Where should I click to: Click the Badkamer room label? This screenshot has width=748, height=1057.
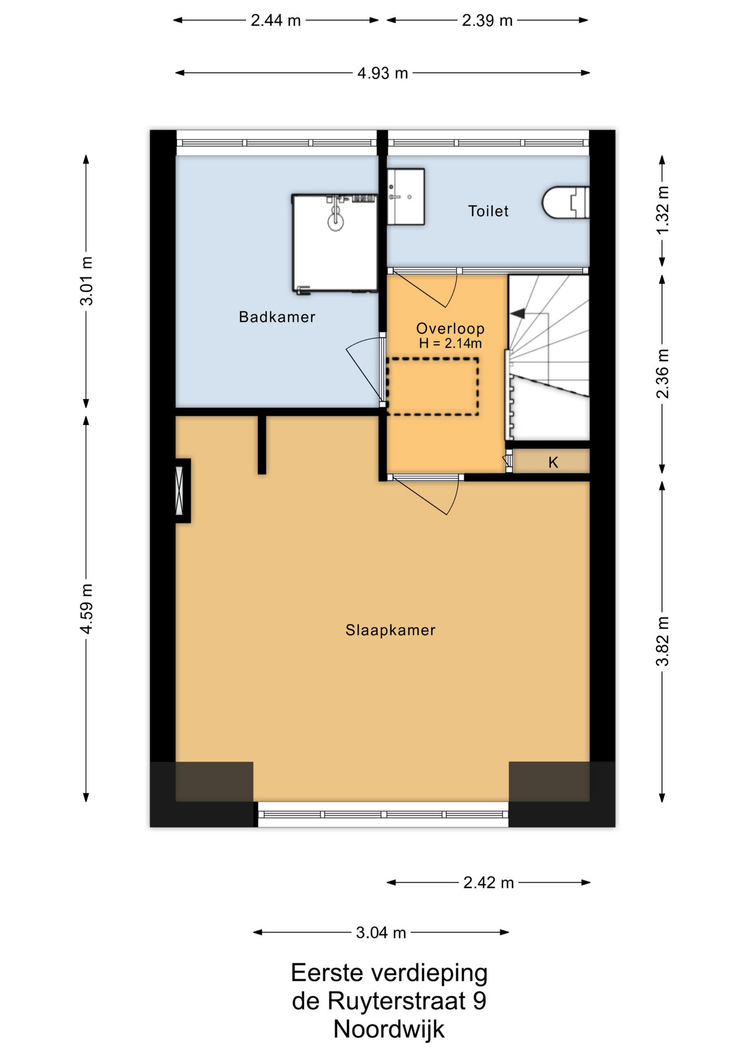(277, 317)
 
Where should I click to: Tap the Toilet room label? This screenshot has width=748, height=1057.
(488, 211)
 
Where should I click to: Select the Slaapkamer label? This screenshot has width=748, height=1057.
(390, 630)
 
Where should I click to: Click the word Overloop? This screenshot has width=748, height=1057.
(450, 328)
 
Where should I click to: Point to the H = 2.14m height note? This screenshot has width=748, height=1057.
(450, 344)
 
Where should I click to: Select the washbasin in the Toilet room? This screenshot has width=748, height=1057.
(406, 197)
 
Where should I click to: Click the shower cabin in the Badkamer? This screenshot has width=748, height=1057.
(334, 243)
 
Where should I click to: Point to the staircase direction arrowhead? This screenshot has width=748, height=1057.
(518, 313)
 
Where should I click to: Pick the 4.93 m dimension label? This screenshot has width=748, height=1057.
(383, 73)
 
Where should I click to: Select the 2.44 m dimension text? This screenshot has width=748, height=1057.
(276, 20)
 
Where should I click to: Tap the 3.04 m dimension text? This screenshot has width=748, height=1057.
(381, 933)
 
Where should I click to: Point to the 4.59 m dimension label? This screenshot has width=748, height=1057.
(86, 608)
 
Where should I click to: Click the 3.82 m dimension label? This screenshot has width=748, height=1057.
(662, 641)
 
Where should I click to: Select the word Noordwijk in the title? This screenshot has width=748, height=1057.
(389, 1029)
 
